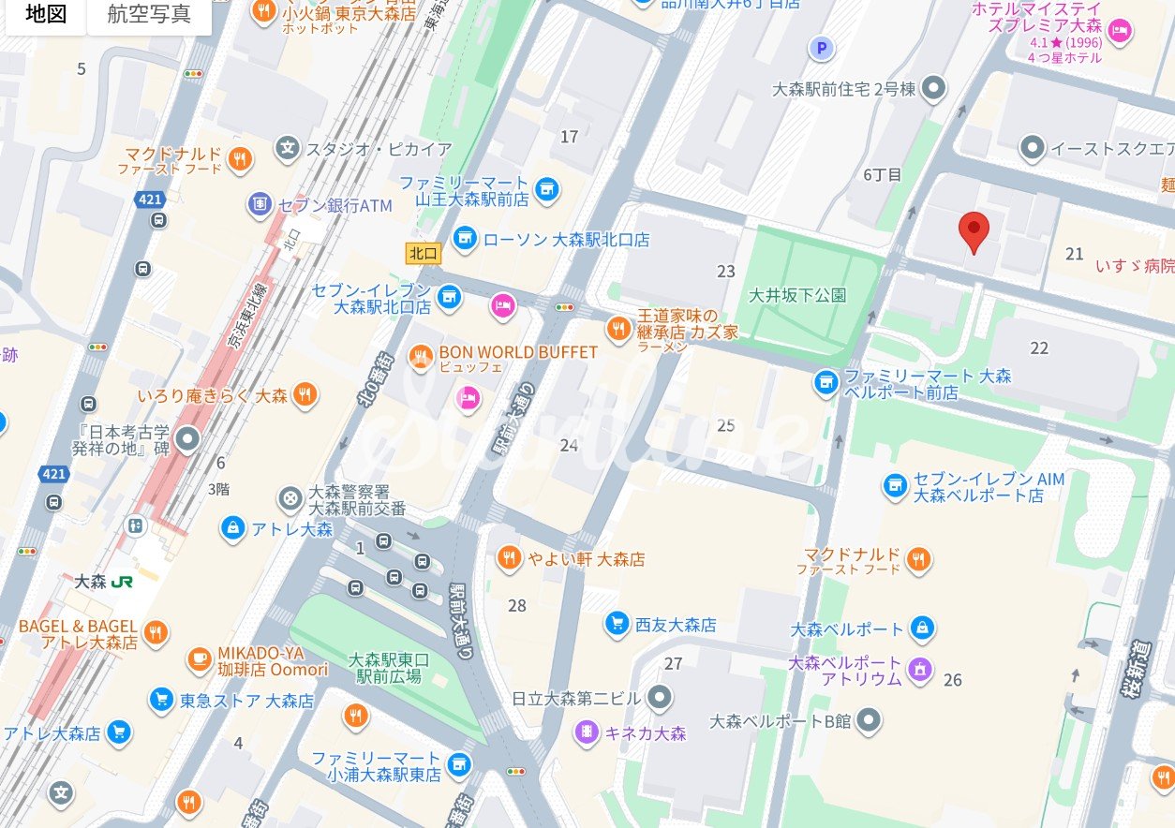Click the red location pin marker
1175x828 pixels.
click(x=974, y=230)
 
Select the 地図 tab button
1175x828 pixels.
click(x=45, y=15)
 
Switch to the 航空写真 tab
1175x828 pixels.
click(x=149, y=15)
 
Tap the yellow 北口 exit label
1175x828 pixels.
click(x=424, y=253)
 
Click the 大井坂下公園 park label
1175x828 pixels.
click(x=797, y=295)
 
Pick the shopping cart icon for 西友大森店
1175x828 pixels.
click(x=617, y=624)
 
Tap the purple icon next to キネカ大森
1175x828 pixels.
click(x=587, y=732)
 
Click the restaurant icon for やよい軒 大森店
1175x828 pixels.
click(x=509, y=558)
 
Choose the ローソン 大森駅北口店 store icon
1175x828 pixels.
click(x=464, y=239)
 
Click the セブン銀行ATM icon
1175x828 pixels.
click(x=260, y=204)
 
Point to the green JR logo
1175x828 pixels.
click(x=122, y=582)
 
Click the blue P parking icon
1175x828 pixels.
click(x=823, y=48)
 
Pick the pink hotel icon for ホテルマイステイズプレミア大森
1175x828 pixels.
click(x=1119, y=32)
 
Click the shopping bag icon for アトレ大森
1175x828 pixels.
click(x=231, y=528)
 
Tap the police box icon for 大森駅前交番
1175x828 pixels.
click(x=291, y=499)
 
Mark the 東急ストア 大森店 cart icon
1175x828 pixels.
click(x=162, y=700)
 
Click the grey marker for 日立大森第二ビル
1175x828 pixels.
click(x=660, y=698)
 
